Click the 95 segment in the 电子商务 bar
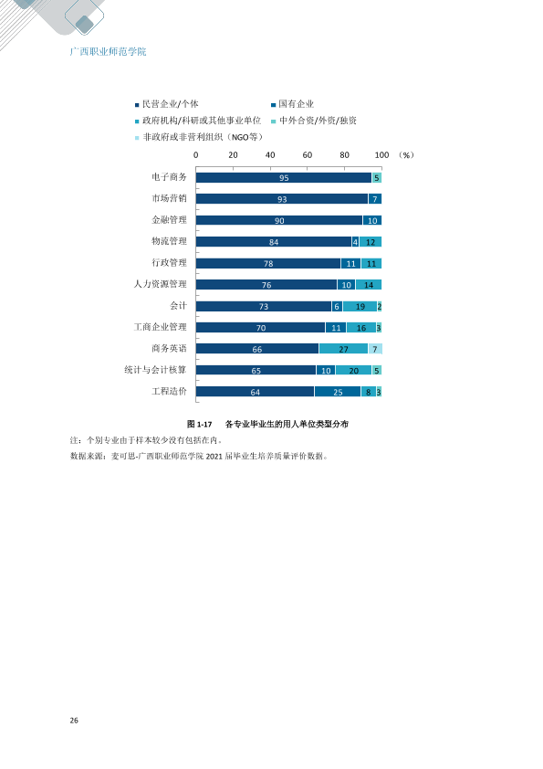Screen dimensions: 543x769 coord(284,177)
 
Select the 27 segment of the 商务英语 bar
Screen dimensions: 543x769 coord(343,349)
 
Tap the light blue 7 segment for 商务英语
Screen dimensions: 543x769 coord(375,349)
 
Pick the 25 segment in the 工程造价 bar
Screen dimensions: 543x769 coord(338,392)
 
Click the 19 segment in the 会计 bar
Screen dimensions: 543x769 coord(360,307)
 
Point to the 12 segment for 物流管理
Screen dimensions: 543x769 coord(371,242)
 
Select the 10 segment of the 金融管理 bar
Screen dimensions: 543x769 coord(372,221)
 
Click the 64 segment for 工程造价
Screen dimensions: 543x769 coord(255,392)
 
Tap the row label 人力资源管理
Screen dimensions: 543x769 coord(161,284)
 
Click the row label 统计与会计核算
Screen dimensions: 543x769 coord(155,370)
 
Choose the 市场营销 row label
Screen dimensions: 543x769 coord(169,198)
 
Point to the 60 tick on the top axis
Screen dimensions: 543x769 coord(308,155)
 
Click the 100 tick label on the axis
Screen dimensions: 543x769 coord(381,155)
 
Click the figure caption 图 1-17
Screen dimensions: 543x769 coord(200,424)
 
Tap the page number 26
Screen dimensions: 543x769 coord(74,721)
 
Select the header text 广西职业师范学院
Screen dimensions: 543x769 coord(108,51)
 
